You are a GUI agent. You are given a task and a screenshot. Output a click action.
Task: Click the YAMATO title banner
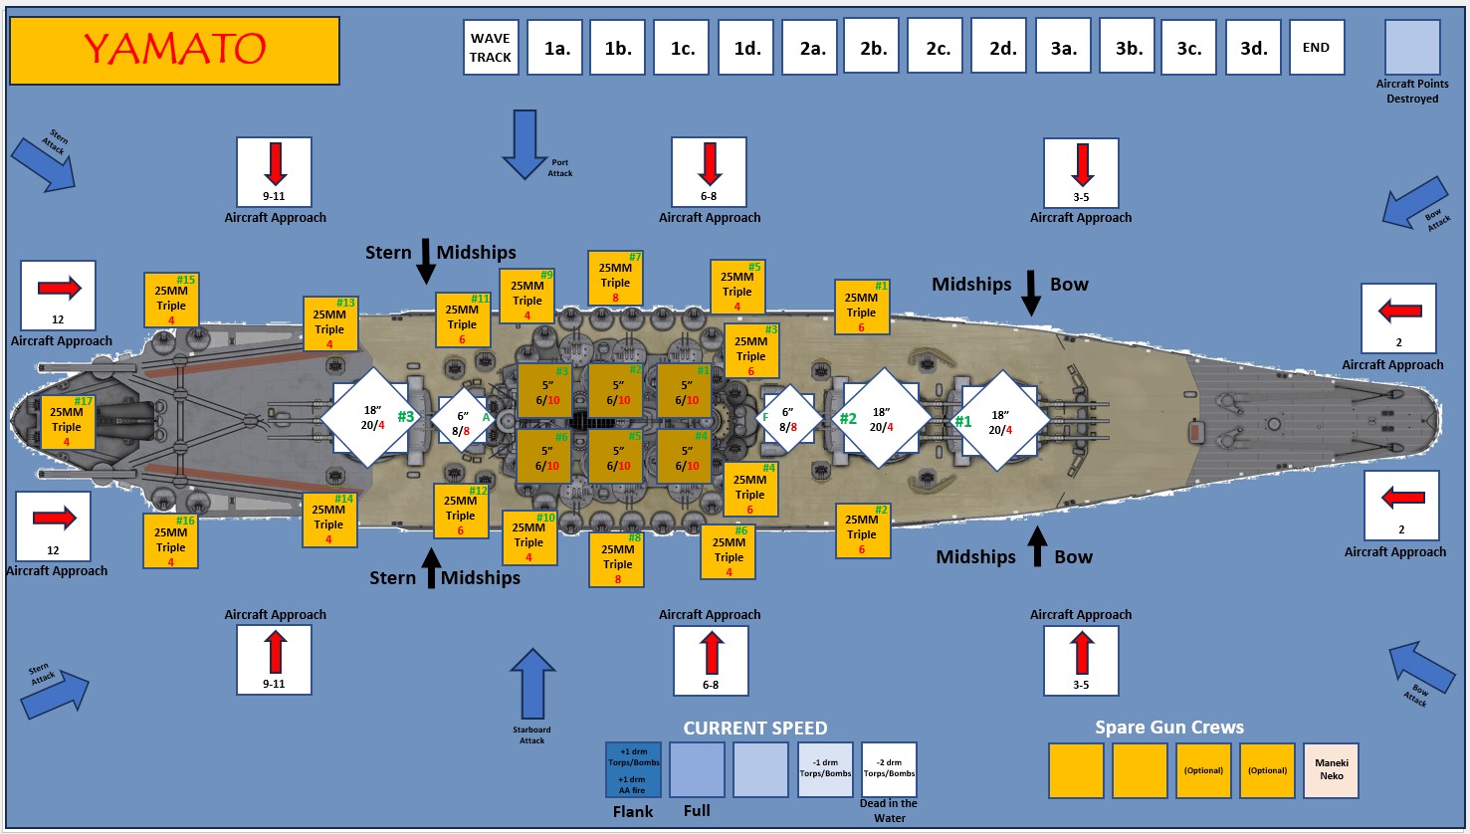(x=174, y=50)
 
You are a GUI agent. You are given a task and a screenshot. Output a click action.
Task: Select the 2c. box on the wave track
(x=938, y=47)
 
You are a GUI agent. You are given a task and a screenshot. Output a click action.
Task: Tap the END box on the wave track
(x=1316, y=47)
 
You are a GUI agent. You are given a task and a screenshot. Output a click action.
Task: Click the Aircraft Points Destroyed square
(x=1412, y=47)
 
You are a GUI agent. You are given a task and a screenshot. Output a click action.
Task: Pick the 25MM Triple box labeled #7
(x=615, y=278)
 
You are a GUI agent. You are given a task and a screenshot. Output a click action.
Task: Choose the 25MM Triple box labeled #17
(x=67, y=422)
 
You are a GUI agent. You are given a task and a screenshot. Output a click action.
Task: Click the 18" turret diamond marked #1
(x=999, y=420)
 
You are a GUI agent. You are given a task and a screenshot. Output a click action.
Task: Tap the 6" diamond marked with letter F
(x=787, y=419)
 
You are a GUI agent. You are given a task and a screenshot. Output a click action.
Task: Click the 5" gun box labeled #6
(x=544, y=457)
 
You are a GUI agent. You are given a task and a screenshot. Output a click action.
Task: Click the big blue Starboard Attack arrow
(x=532, y=684)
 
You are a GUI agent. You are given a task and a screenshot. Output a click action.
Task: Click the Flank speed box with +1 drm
(x=633, y=770)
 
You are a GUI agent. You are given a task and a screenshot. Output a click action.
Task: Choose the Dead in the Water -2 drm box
(x=889, y=769)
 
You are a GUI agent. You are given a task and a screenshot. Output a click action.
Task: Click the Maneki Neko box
(x=1331, y=770)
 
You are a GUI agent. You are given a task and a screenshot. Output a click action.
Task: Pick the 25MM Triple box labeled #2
(x=862, y=530)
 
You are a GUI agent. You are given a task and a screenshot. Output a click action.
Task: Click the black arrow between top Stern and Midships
(x=425, y=261)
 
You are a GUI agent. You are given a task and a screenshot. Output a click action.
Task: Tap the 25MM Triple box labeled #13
(x=329, y=324)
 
